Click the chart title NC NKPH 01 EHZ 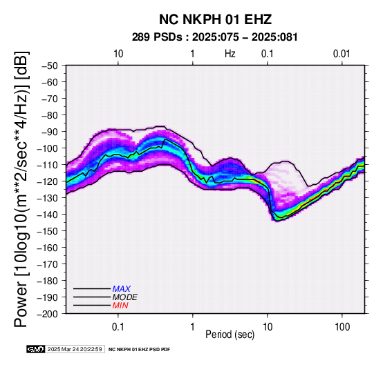click(x=215, y=19)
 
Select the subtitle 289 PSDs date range click(x=215, y=37)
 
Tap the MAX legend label click(x=122, y=289)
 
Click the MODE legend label click(x=125, y=297)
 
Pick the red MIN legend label click(x=120, y=306)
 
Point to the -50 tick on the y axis click(x=50, y=66)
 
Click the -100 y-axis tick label click(x=48, y=148)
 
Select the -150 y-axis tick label click(x=48, y=231)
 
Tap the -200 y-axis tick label click(x=48, y=314)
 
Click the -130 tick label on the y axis click(x=48, y=198)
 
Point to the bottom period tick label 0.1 click(x=118, y=327)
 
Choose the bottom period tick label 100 click(x=342, y=327)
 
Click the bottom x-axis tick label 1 click(x=193, y=327)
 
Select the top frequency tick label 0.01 click(x=342, y=54)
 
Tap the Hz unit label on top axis click(x=230, y=54)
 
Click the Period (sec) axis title click(x=230, y=335)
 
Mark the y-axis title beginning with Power click(x=21, y=189)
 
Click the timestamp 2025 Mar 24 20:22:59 click(x=75, y=349)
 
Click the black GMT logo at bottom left click(x=36, y=349)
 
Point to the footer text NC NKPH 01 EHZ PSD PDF click(x=139, y=350)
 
